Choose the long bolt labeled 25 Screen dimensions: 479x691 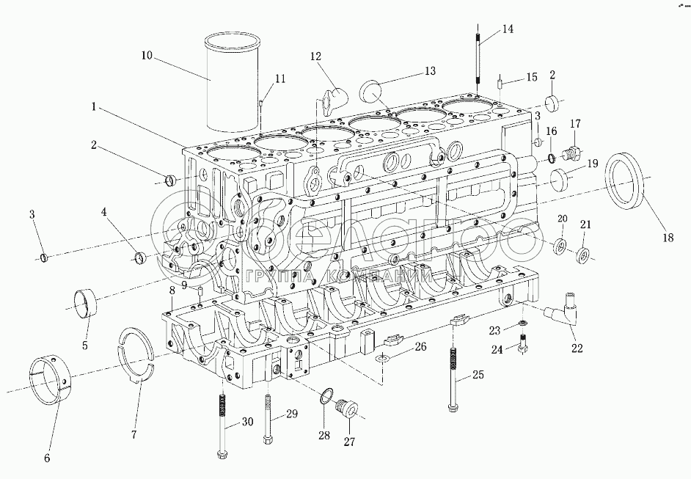[453, 378]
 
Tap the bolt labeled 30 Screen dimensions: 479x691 [221, 425]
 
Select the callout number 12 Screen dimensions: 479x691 [315, 56]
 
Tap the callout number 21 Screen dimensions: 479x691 [585, 224]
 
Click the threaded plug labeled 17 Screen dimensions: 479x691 [571, 153]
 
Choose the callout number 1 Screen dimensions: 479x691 [95, 106]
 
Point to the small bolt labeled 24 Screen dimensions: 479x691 [522, 343]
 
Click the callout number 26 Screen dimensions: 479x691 [421, 345]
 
